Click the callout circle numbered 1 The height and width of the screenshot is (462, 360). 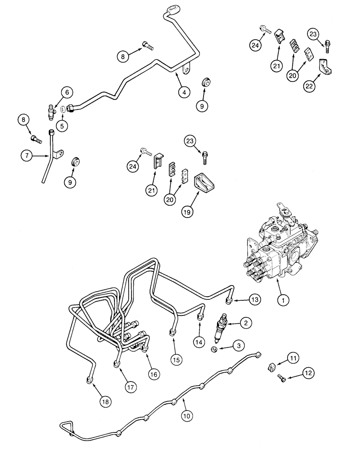(x=283, y=299)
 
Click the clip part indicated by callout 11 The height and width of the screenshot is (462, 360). (x=271, y=367)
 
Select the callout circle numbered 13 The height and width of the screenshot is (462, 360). (x=255, y=300)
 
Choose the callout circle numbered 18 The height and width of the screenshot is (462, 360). (x=106, y=401)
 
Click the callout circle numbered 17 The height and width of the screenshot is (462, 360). (x=131, y=387)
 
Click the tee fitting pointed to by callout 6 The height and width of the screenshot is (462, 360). (x=49, y=110)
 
